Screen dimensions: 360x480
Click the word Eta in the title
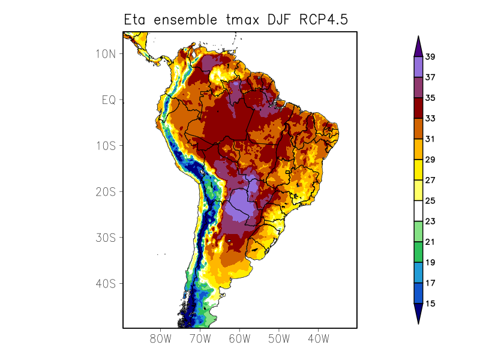136,20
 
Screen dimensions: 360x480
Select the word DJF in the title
275,20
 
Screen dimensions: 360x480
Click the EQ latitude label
108,100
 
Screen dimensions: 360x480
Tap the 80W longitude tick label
161,338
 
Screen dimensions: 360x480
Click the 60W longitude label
239,338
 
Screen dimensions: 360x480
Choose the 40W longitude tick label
318,338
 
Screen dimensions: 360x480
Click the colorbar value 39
430,57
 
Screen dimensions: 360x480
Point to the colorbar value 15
430,304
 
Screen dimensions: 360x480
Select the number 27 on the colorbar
430,180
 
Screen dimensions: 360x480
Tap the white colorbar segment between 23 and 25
418,211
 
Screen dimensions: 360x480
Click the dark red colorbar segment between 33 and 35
418,108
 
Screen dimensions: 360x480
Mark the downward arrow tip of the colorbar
418,323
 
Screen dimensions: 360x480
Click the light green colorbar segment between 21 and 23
418,232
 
